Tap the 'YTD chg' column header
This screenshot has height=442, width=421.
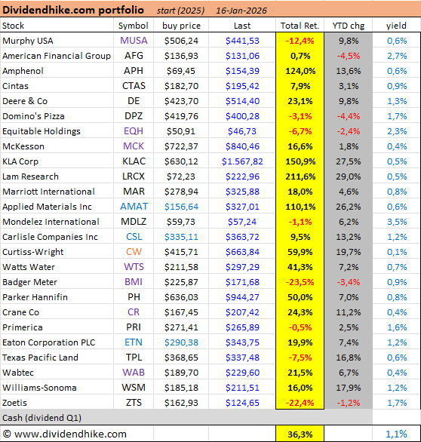[x=348, y=26]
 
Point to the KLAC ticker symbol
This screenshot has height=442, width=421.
[x=134, y=161]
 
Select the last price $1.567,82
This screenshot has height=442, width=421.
[x=238, y=161]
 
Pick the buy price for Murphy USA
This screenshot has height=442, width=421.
[x=181, y=41]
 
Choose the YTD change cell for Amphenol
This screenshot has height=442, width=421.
[x=348, y=71]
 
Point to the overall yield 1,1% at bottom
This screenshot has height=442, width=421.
[x=396, y=434]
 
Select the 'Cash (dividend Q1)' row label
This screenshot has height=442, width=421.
[x=43, y=418]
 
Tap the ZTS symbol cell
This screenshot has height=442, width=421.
[x=134, y=403]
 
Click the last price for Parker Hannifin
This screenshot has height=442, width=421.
[x=238, y=297]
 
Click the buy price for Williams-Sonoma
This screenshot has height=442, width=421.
[x=181, y=388]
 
